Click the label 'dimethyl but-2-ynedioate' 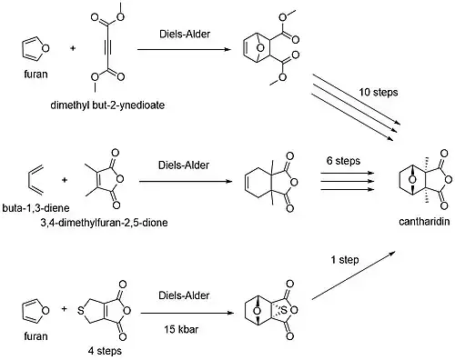pyautogui.click(x=107, y=105)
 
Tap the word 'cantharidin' pyautogui.click(x=424, y=222)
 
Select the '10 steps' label pyautogui.click(x=379, y=92)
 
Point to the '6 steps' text pyautogui.click(x=343, y=161)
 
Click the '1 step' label pyautogui.click(x=345, y=260)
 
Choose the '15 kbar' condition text pyautogui.click(x=181, y=329)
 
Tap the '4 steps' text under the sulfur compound pyautogui.click(x=105, y=351)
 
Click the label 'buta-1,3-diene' pyautogui.click(x=35, y=208)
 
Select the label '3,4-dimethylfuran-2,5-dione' pyautogui.click(x=104, y=223)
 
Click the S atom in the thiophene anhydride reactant pyautogui.click(x=80, y=310)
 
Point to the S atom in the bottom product pyautogui.click(x=284, y=310)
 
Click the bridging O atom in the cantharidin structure pyautogui.click(x=412, y=179)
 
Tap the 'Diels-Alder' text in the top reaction pyautogui.click(x=185, y=34)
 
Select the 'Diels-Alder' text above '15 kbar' pyautogui.click(x=184, y=295)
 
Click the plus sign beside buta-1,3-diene pyautogui.click(x=65, y=180)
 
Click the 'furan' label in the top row pyautogui.click(x=35, y=75)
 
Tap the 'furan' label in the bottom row pyautogui.click(x=35, y=336)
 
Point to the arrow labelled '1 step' pyautogui.click(x=354, y=275)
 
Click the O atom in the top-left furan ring pyautogui.click(x=45, y=48)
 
